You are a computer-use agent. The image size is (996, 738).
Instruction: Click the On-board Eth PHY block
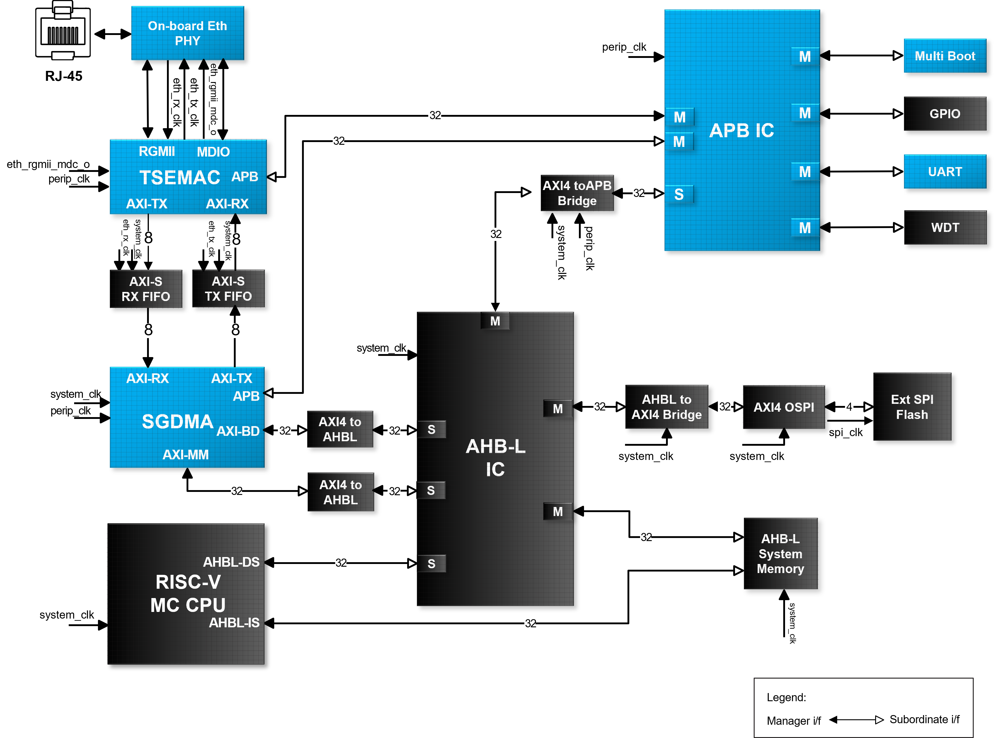187,33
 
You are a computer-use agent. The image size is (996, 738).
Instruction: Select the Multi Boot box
945,56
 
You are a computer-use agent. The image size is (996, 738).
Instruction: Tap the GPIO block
945,114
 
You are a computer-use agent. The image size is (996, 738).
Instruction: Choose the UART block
945,172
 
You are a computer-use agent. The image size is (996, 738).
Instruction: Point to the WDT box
945,227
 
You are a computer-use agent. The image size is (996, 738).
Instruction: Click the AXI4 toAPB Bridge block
577,193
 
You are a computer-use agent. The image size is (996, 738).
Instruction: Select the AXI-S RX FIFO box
146,289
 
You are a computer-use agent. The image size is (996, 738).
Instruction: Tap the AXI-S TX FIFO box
228,289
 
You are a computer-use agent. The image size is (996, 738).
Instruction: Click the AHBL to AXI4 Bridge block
667,407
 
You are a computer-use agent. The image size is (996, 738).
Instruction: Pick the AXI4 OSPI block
784,407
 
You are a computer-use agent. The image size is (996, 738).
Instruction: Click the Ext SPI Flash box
912,407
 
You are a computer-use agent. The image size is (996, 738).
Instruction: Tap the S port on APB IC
679,194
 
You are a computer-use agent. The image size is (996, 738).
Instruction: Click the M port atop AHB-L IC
495,321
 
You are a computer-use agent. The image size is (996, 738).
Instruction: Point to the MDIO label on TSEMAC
213,152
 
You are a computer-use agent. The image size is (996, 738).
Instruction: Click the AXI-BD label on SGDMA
238,431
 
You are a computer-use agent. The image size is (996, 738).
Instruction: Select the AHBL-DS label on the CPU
231,562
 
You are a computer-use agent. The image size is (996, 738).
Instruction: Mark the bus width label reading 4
849,406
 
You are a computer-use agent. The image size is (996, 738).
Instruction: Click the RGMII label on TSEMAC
157,151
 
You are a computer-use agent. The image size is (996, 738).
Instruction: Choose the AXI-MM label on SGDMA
186,455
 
